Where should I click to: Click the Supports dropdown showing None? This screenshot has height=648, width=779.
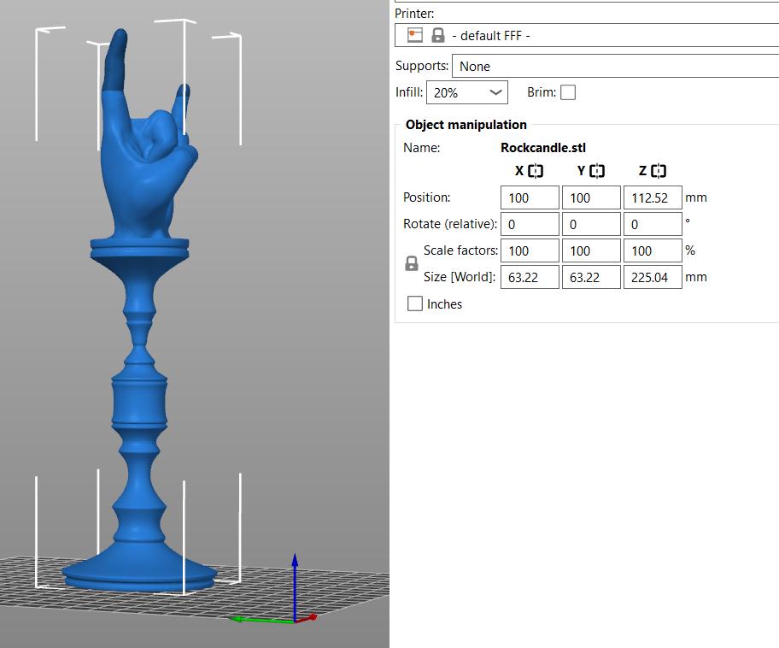(615, 66)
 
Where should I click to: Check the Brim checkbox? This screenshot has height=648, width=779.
(568, 92)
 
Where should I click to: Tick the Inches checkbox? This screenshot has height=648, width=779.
(415, 303)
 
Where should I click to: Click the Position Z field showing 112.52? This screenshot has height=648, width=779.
(653, 197)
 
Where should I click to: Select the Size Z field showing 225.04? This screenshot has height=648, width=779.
(653, 277)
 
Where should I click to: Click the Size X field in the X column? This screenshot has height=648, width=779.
(530, 277)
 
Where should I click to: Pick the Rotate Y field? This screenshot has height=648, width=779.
(591, 224)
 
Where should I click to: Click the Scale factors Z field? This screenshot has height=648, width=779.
(653, 250)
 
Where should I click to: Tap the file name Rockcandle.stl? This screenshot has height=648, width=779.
(543, 148)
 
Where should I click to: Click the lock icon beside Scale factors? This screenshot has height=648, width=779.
(411, 264)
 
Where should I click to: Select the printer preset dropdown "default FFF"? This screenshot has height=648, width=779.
(589, 35)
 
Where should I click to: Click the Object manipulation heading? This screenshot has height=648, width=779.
(466, 125)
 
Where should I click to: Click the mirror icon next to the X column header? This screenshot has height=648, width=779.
(536, 171)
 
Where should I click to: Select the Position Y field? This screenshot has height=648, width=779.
(591, 197)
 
